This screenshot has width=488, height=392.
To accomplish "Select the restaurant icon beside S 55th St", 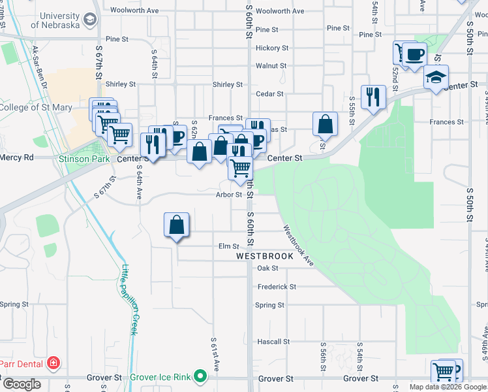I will pyautogui.click(x=373, y=97).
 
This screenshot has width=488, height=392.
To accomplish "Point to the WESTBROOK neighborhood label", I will pyautogui.click(x=265, y=257).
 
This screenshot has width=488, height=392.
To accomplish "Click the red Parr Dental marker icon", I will pyautogui.click(x=53, y=363).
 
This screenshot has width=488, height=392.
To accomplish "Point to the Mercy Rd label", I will pyautogui.click(x=17, y=157).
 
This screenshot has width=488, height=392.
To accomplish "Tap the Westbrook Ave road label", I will pyautogui.click(x=298, y=246).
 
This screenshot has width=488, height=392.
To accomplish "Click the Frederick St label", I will pyautogui.click(x=277, y=287).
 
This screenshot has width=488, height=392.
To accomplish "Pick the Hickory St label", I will pyautogui.click(x=272, y=48).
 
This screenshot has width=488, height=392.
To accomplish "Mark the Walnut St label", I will pyautogui.click(x=271, y=66).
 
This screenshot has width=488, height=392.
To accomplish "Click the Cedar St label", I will pyautogui.click(x=270, y=94).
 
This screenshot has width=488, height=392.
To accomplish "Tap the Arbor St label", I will pyautogui.click(x=229, y=194).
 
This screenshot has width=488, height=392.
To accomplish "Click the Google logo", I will pyautogui.click(x=22, y=384).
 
